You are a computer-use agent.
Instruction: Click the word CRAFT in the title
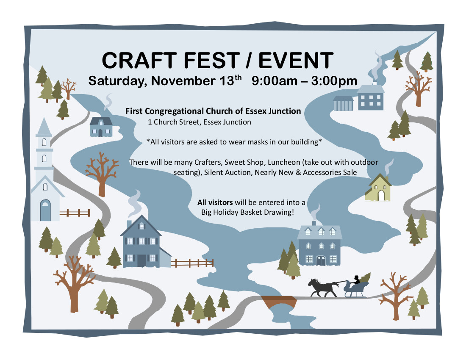(x=139, y=60)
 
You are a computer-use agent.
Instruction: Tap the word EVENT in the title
(x=296, y=60)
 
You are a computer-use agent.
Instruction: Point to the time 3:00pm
(x=334, y=81)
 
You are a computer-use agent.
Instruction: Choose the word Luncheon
(x=284, y=162)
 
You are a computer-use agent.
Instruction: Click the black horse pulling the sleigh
(x=323, y=287)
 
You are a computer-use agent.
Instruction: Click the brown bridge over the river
(x=279, y=301)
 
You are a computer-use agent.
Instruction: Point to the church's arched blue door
(x=45, y=210)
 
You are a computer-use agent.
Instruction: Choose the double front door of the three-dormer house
(x=321, y=260)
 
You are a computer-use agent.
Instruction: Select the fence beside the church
(x=75, y=213)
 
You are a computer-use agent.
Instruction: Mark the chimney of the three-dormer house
(x=314, y=223)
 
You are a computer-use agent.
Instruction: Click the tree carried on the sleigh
(x=366, y=278)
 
